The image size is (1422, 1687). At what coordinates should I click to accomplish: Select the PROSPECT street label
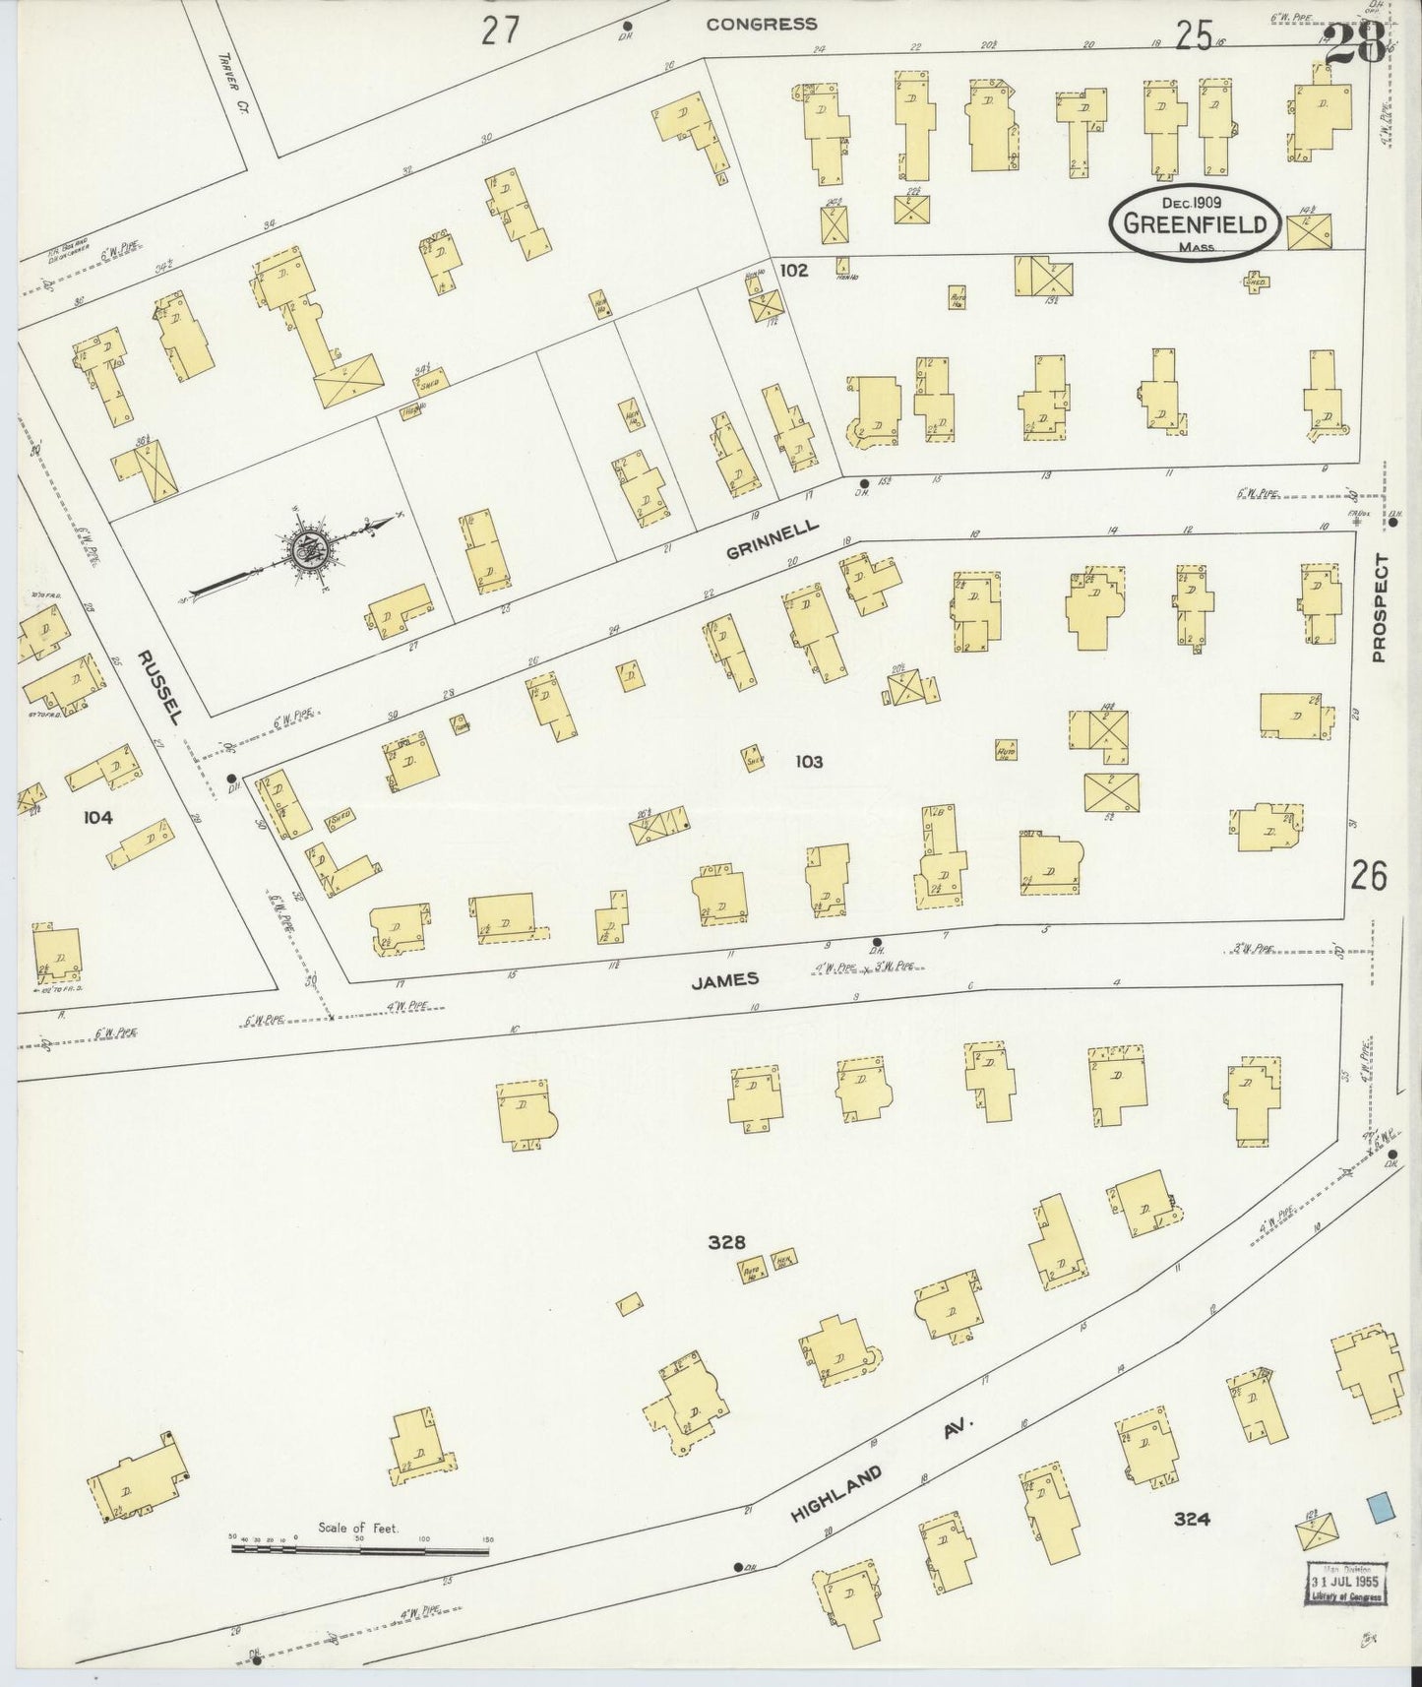(x=1378, y=607)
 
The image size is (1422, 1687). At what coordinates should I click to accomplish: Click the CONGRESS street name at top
(x=761, y=25)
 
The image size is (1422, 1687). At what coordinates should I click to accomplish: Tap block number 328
(x=726, y=1242)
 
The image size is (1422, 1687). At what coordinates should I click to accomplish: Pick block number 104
(x=97, y=816)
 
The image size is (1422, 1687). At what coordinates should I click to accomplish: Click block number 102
(x=793, y=270)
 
